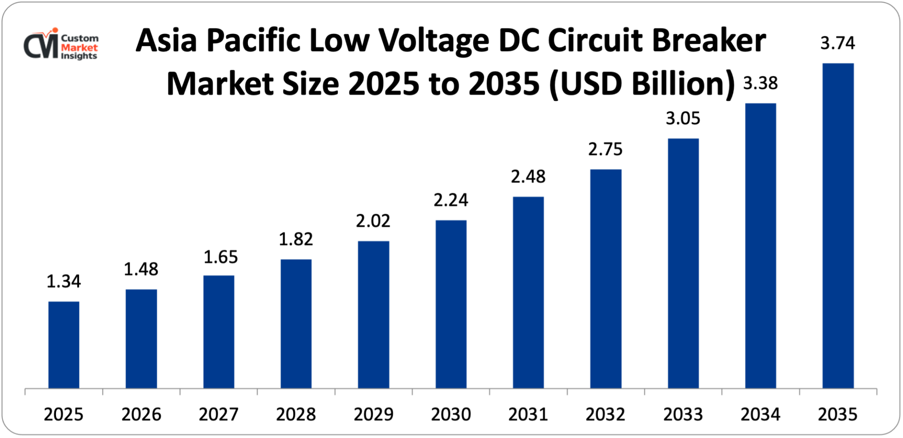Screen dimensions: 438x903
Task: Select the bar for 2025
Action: click(64, 345)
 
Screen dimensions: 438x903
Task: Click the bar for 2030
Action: click(451, 304)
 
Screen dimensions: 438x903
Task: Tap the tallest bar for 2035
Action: click(838, 226)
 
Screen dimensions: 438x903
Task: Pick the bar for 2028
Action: click(296, 324)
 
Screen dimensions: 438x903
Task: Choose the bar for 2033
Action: click(683, 263)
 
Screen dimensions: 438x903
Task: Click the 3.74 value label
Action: click(838, 43)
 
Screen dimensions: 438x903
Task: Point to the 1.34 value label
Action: click(64, 282)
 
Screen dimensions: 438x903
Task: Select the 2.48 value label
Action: click(528, 177)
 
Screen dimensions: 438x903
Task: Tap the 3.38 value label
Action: click(760, 84)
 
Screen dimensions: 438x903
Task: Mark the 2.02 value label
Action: click(373, 221)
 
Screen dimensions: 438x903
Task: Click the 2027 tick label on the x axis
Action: click(219, 414)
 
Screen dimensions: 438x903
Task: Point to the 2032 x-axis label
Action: click(605, 414)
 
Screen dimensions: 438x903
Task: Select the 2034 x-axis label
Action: click(760, 414)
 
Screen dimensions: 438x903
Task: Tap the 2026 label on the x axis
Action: click(141, 414)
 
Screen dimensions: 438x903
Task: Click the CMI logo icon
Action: click(41, 44)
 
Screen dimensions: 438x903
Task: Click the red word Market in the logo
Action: click(79, 47)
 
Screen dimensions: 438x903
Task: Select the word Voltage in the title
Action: click(433, 41)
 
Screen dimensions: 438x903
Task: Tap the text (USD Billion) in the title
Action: click(642, 84)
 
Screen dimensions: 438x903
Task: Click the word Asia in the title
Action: click(167, 41)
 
